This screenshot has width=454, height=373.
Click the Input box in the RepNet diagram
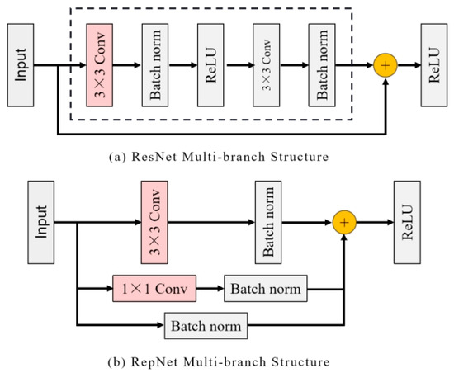point(48,221)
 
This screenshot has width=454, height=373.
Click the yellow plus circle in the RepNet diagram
point(344,221)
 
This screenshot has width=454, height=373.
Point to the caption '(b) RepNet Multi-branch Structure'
point(226,361)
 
